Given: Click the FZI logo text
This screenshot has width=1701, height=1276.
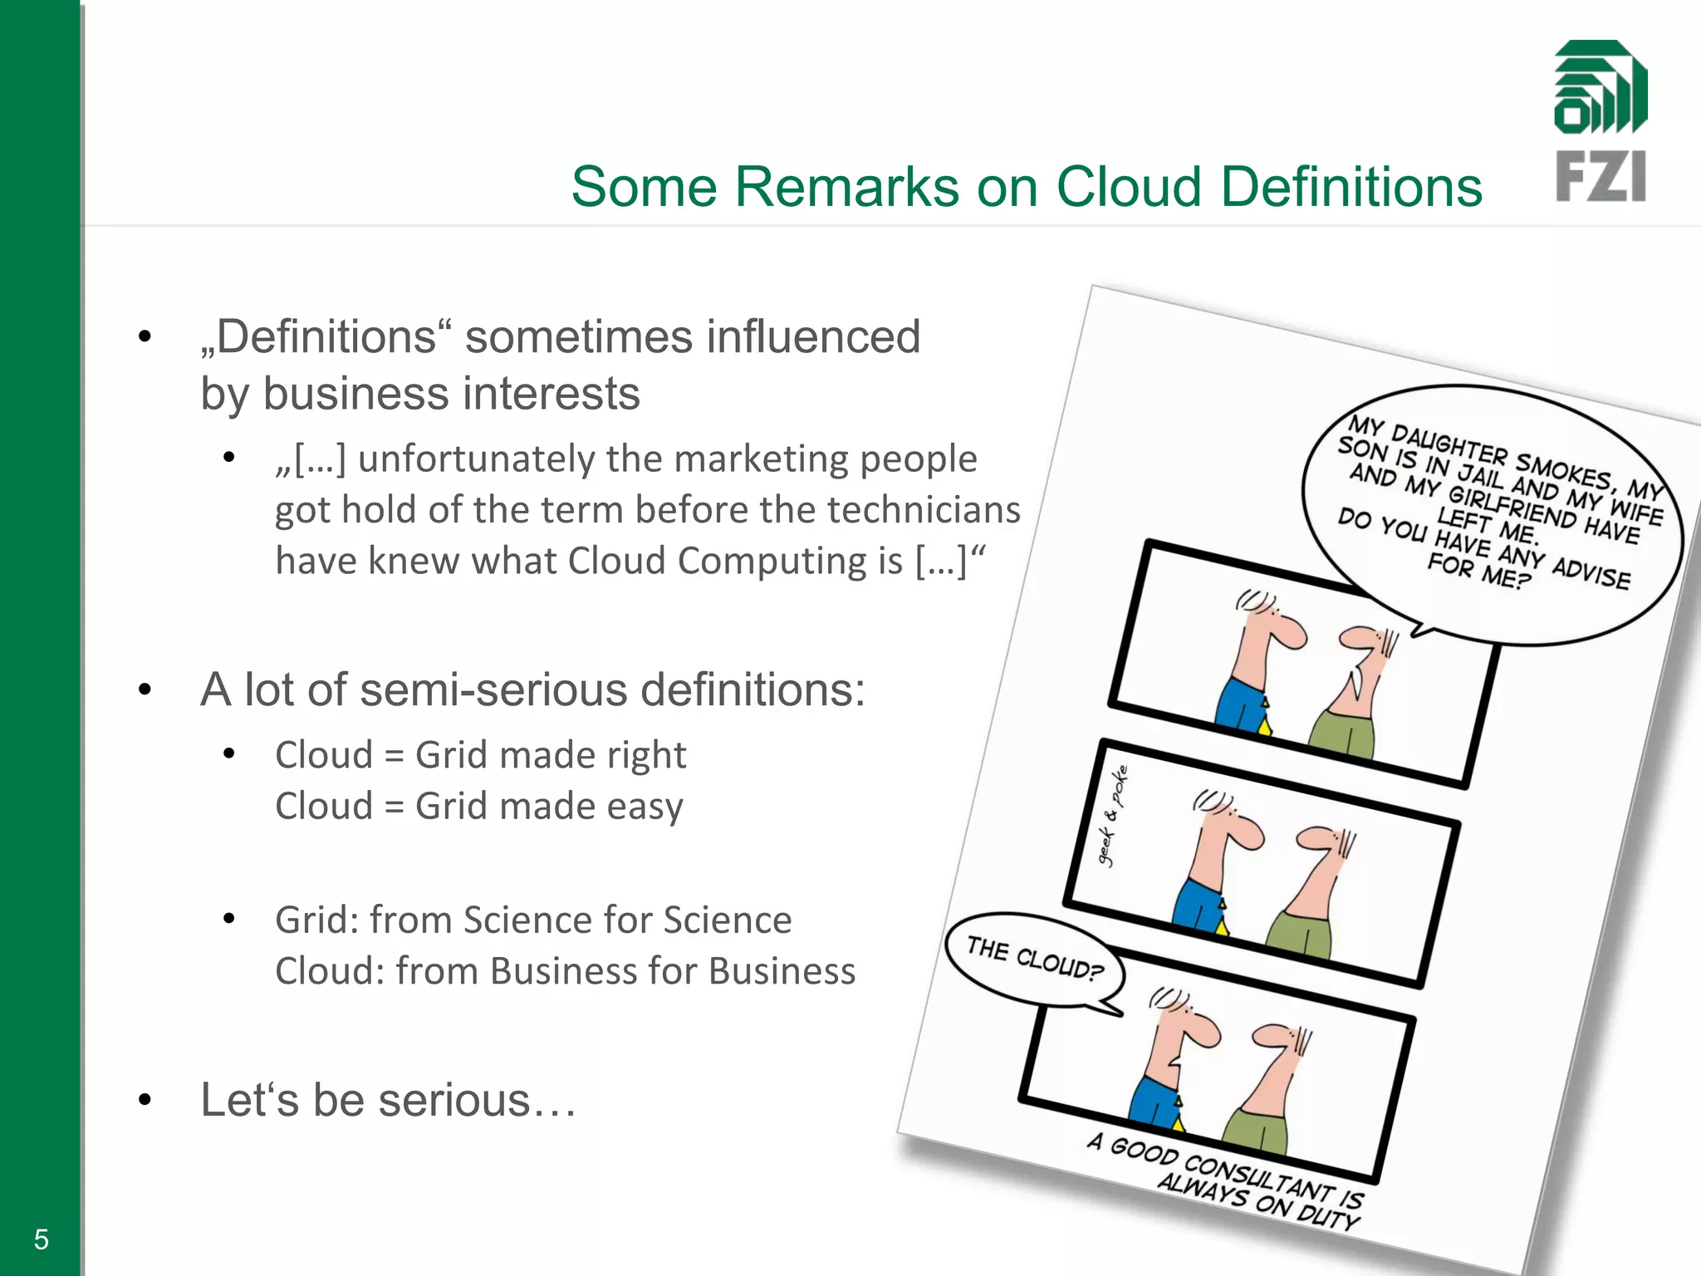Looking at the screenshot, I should pyautogui.click(x=1601, y=176).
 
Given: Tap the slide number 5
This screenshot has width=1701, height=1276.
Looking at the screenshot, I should pyautogui.click(x=42, y=1239).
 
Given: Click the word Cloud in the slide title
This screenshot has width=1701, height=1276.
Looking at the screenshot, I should pyautogui.click(x=1128, y=186).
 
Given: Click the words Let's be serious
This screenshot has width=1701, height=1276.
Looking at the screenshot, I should pyautogui.click(x=388, y=1100).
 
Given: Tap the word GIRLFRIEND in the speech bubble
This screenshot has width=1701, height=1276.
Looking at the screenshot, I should pyautogui.click(x=1512, y=506).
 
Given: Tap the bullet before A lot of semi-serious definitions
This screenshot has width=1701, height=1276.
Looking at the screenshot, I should pyautogui.click(x=145, y=690).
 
